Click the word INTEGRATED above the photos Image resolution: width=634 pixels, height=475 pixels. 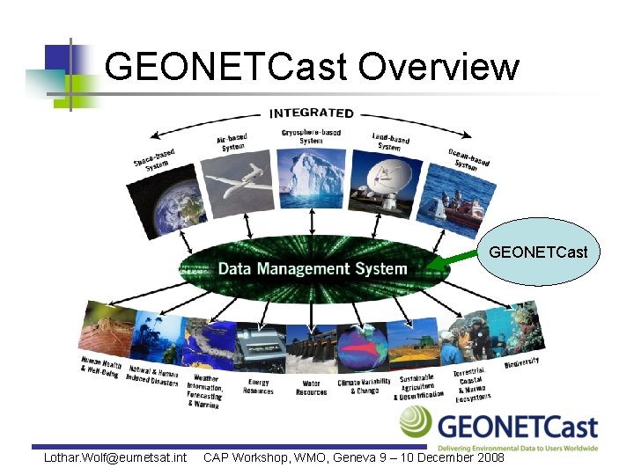coord(311,113)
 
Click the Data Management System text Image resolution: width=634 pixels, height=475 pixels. coord(313,268)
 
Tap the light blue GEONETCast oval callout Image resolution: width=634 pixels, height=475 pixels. coord(538,253)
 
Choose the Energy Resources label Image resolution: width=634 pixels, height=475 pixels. coord(258,387)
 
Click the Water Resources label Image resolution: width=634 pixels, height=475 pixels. coord(311,388)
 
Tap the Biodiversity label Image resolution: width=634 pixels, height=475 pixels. coord(521,362)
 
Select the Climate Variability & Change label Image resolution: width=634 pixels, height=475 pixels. coord(363,386)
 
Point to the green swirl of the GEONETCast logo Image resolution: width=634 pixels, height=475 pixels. coord(416,424)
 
